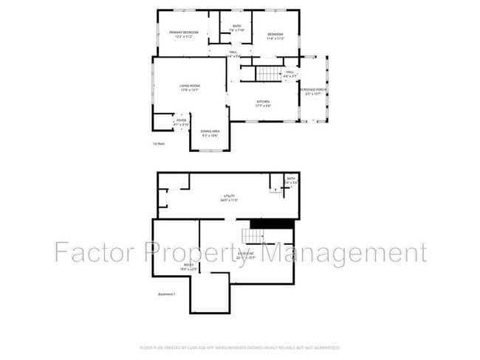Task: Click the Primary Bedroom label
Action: [x=183, y=35]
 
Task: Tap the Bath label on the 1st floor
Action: [x=237, y=28]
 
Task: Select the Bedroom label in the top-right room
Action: [x=275, y=35]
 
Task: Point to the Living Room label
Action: [x=189, y=88]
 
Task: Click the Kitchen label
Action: [x=263, y=103]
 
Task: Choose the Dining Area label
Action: [x=210, y=133]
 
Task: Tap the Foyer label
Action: [x=180, y=121]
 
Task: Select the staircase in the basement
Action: [x=253, y=237]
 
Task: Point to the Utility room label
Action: [x=229, y=198]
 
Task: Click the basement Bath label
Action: [x=291, y=180]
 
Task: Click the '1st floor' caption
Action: [x=158, y=144]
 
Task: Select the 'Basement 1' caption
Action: [x=167, y=294]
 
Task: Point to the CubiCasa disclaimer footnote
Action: [x=239, y=347]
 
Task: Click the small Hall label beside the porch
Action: [x=290, y=74]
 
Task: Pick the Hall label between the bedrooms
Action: [x=233, y=53]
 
